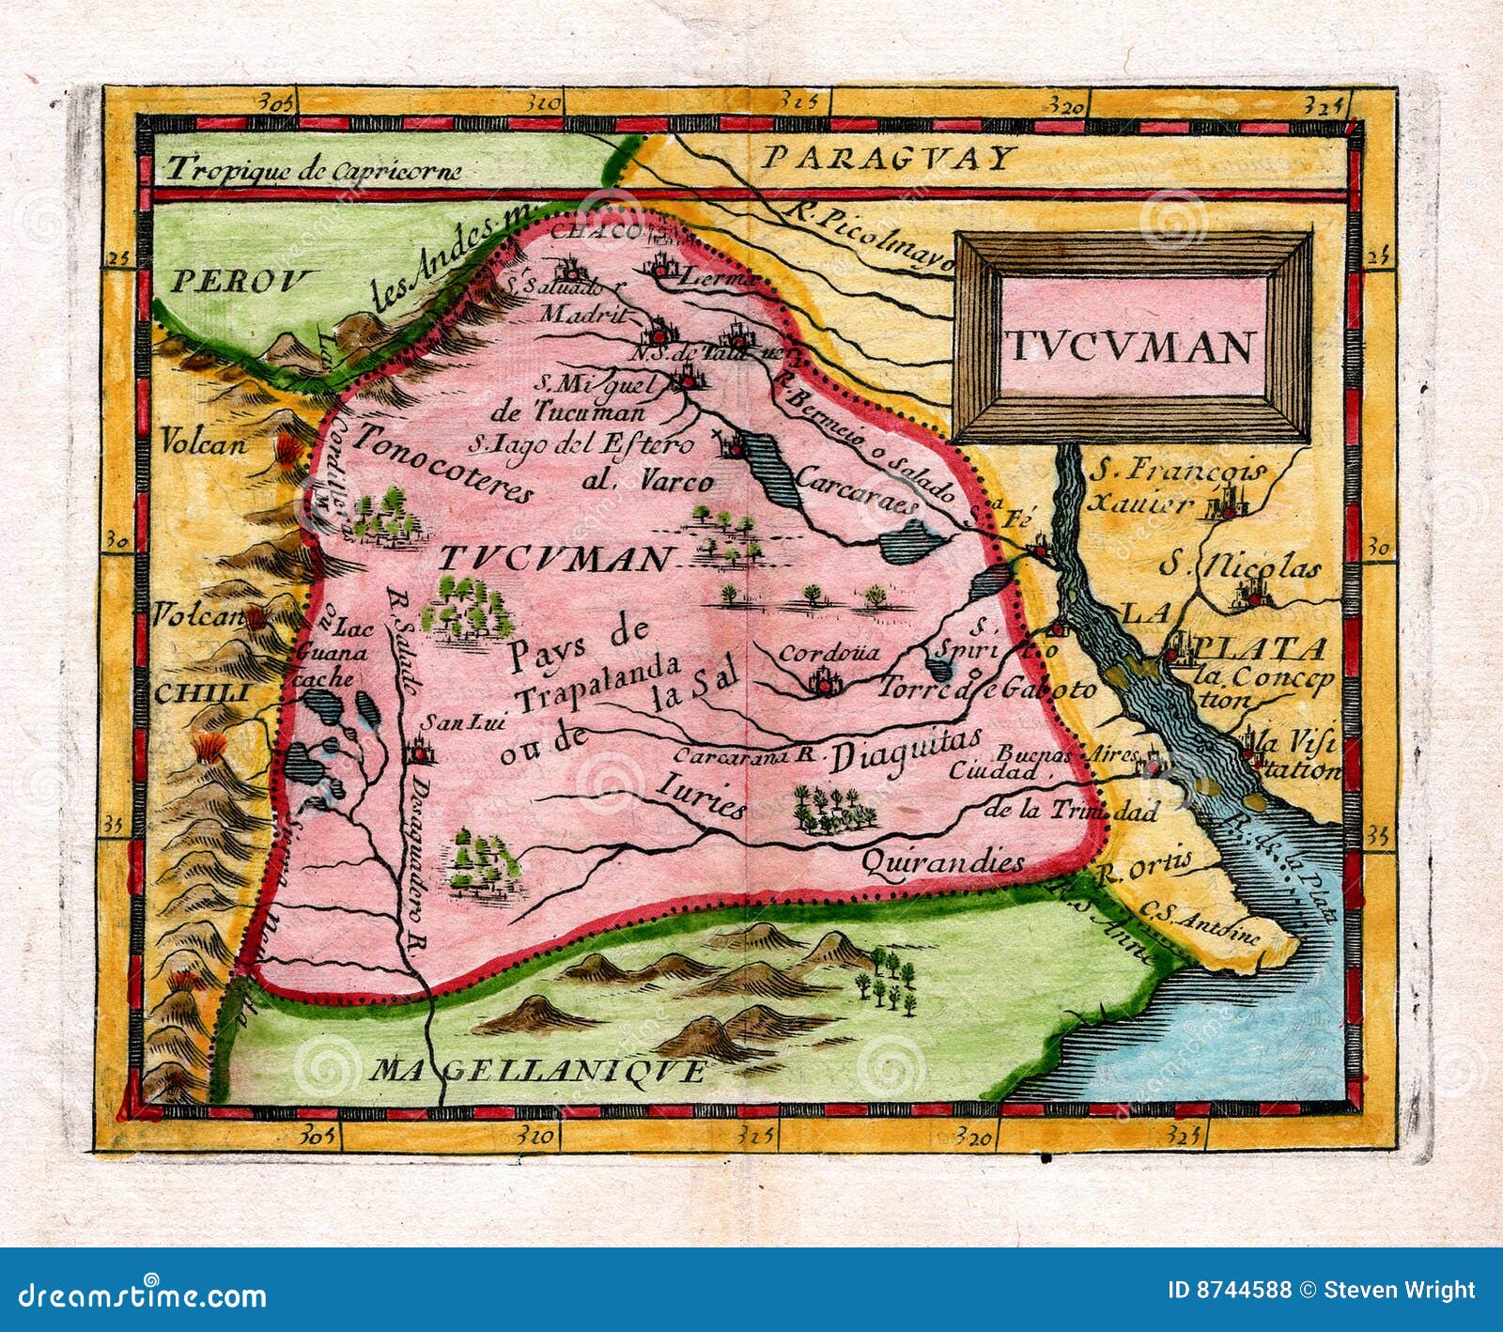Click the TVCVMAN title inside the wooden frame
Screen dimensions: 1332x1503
(x=1133, y=348)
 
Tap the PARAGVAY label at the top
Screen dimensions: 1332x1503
(x=888, y=157)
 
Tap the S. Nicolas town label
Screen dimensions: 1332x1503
(x=1239, y=565)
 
